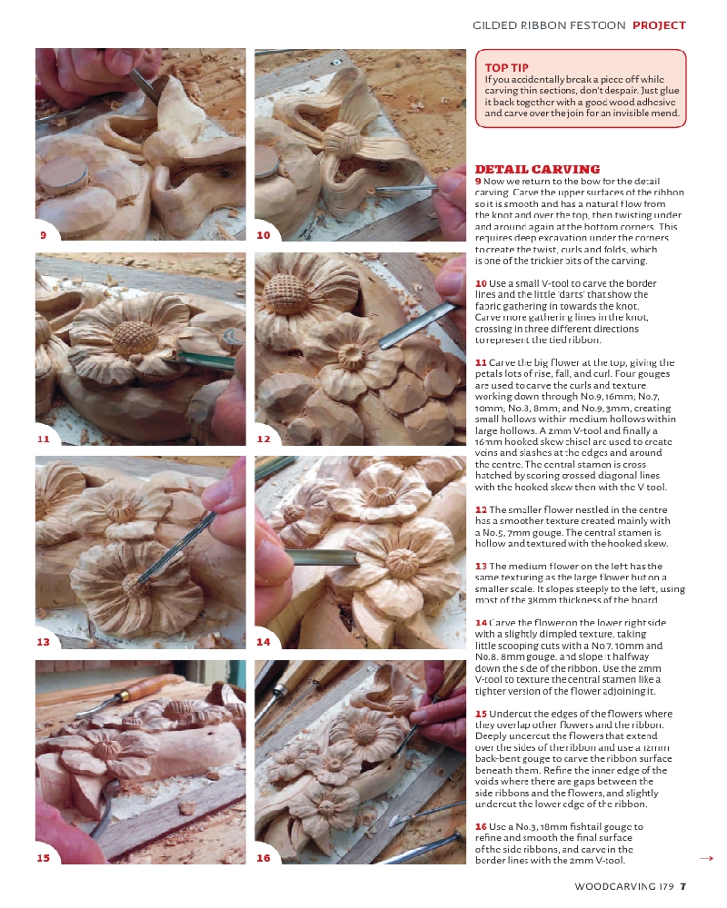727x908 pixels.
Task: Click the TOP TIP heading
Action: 507,67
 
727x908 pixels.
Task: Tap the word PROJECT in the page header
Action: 659,25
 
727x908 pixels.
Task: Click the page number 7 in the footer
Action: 682,887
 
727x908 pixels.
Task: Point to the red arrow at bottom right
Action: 706,857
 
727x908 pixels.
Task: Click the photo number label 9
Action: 43,235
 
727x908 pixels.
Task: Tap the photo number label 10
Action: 264,235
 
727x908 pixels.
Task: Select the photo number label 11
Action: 43,439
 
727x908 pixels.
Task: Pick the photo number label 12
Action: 264,439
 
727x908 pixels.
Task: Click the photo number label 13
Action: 43,642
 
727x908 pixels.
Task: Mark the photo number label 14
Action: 264,642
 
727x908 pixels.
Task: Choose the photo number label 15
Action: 43,858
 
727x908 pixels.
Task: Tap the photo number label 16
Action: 264,858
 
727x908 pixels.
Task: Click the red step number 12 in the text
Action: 481,509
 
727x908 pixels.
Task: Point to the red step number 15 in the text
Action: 481,714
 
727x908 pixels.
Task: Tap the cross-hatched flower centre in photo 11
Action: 134,338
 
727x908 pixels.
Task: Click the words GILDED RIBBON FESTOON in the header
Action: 549,25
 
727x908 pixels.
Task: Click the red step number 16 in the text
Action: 481,826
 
